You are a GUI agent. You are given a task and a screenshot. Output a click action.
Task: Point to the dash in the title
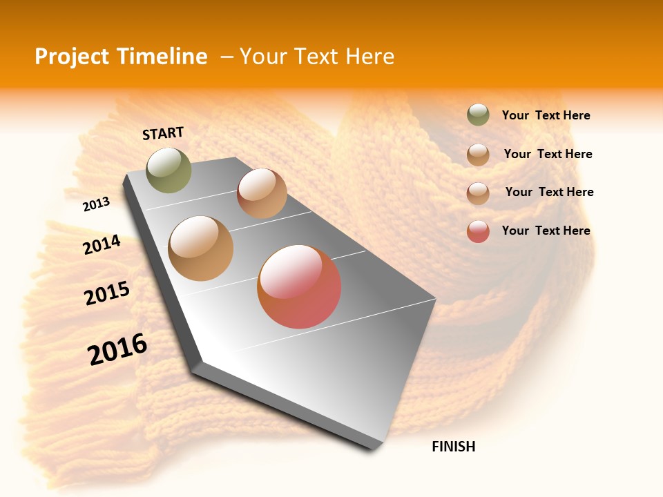(227, 57)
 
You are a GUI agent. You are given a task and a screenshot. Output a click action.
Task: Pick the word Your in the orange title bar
(263, 57)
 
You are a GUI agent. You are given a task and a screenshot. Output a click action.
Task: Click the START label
(163, 133)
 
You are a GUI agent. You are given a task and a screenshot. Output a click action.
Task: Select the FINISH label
(453, 447)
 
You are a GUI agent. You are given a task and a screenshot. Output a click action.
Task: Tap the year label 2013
(96, 204)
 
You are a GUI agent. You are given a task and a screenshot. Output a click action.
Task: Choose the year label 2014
(102, 245)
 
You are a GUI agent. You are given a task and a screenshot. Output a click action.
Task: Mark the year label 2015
(107, 293)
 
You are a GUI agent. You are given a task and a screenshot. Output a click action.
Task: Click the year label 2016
(117, 349)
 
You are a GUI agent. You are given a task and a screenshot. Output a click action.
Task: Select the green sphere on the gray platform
(169, 170)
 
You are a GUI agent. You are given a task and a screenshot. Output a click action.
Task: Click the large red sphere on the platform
(299, 286)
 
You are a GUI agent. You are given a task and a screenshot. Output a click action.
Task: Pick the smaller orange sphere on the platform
(262, 193)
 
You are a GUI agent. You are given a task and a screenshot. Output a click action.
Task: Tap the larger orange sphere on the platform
(201, 248)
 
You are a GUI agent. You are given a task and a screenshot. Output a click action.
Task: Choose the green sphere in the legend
(478, 115)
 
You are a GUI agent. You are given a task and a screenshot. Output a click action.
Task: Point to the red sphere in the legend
(478, 231)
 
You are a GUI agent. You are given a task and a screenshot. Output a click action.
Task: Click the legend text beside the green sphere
(546, 116)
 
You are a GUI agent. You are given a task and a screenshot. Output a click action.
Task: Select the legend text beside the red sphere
(546, 231)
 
